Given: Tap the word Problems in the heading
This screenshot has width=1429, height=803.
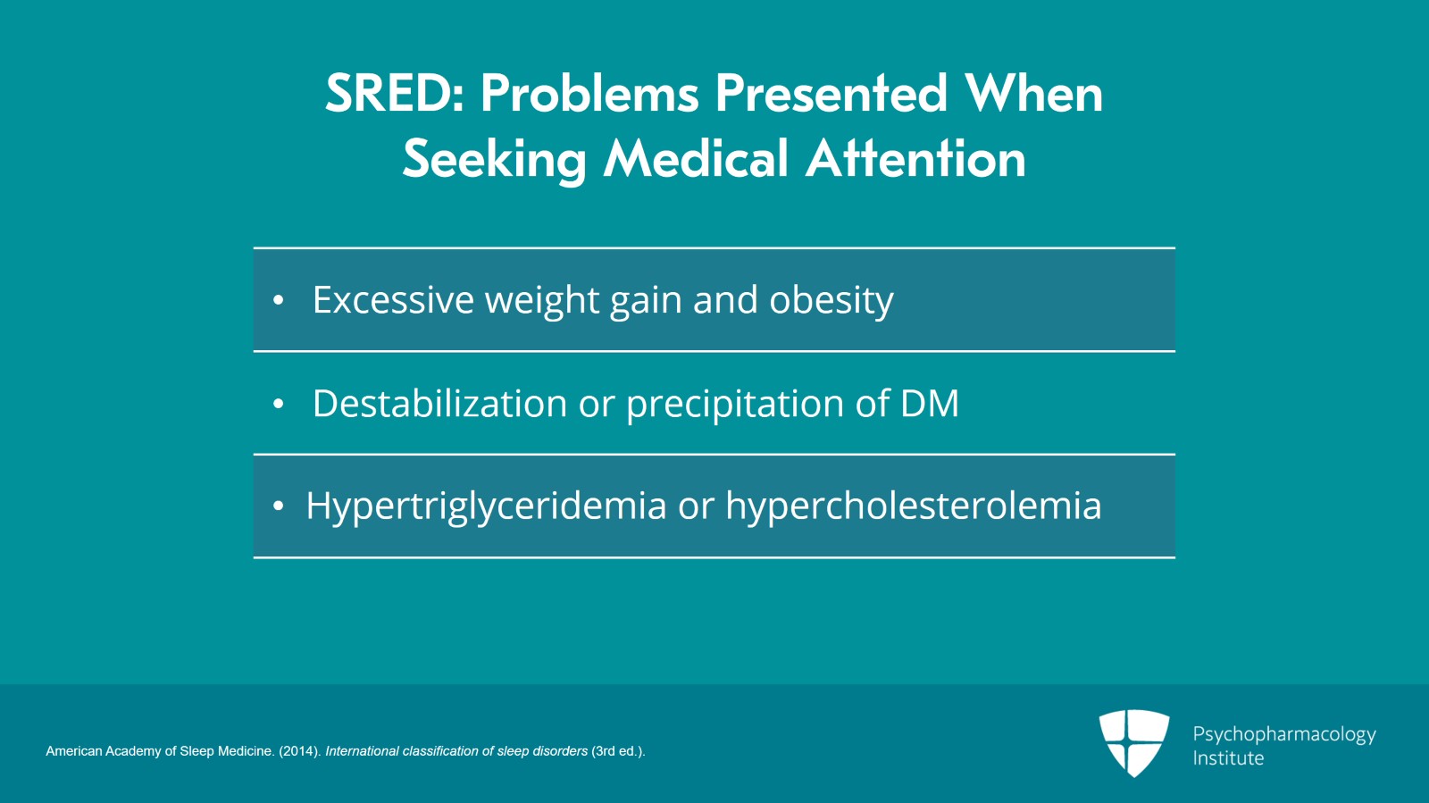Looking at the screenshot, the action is coord(590,93).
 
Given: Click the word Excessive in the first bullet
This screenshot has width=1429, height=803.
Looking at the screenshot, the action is coord(393,299).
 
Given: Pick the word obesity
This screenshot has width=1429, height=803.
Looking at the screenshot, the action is coord(831,300).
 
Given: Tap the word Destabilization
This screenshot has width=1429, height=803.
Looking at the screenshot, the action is coord(439,403).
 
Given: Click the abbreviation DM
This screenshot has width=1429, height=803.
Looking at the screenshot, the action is coord(930,403).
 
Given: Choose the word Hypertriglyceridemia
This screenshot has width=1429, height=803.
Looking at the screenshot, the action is coord(486,506).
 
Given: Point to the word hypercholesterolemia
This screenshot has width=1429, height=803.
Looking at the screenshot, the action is coord(914,506).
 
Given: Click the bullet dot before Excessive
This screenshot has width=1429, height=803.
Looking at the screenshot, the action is coord(278,300).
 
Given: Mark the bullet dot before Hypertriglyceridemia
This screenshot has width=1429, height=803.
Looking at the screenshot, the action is coord(278,506).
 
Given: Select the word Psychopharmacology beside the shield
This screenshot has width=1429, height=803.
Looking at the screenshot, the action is coord(1284,734).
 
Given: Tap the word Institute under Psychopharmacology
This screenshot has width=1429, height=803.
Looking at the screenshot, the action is coord(1228,758).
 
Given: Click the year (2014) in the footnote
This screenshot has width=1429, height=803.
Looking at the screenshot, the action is coord(300,751).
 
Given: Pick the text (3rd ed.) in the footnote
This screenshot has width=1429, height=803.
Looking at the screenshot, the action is coord(618,751).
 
